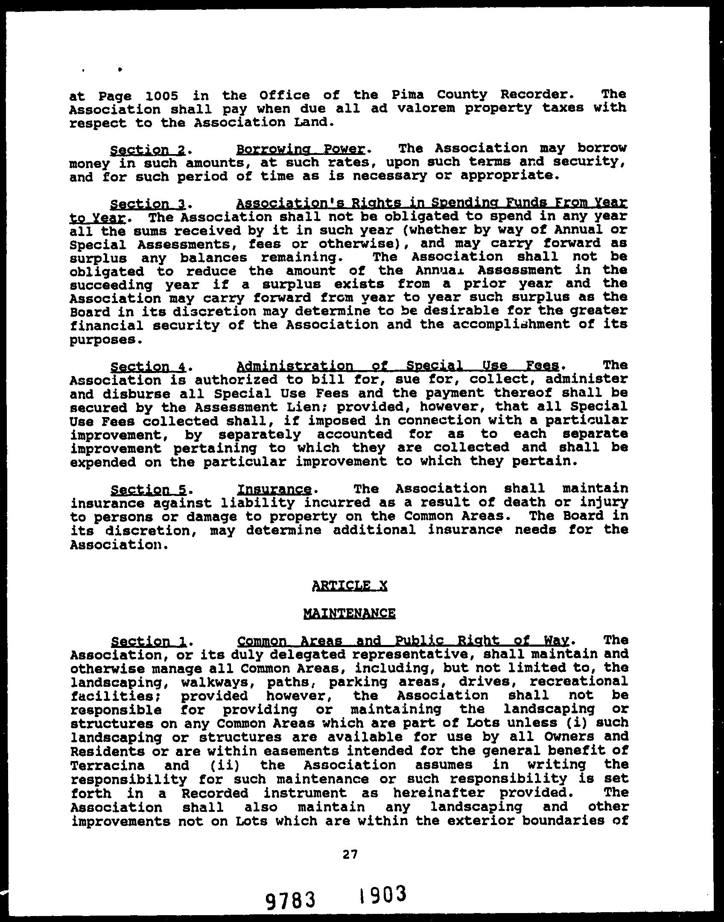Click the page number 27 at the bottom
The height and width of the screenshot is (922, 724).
[x=350, y=854]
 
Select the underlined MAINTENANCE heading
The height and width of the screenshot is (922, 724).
[x=349, y=613]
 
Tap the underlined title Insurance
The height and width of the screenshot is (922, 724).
[x=274, y=489]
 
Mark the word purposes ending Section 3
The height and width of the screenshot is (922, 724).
[x=103, y=340]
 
